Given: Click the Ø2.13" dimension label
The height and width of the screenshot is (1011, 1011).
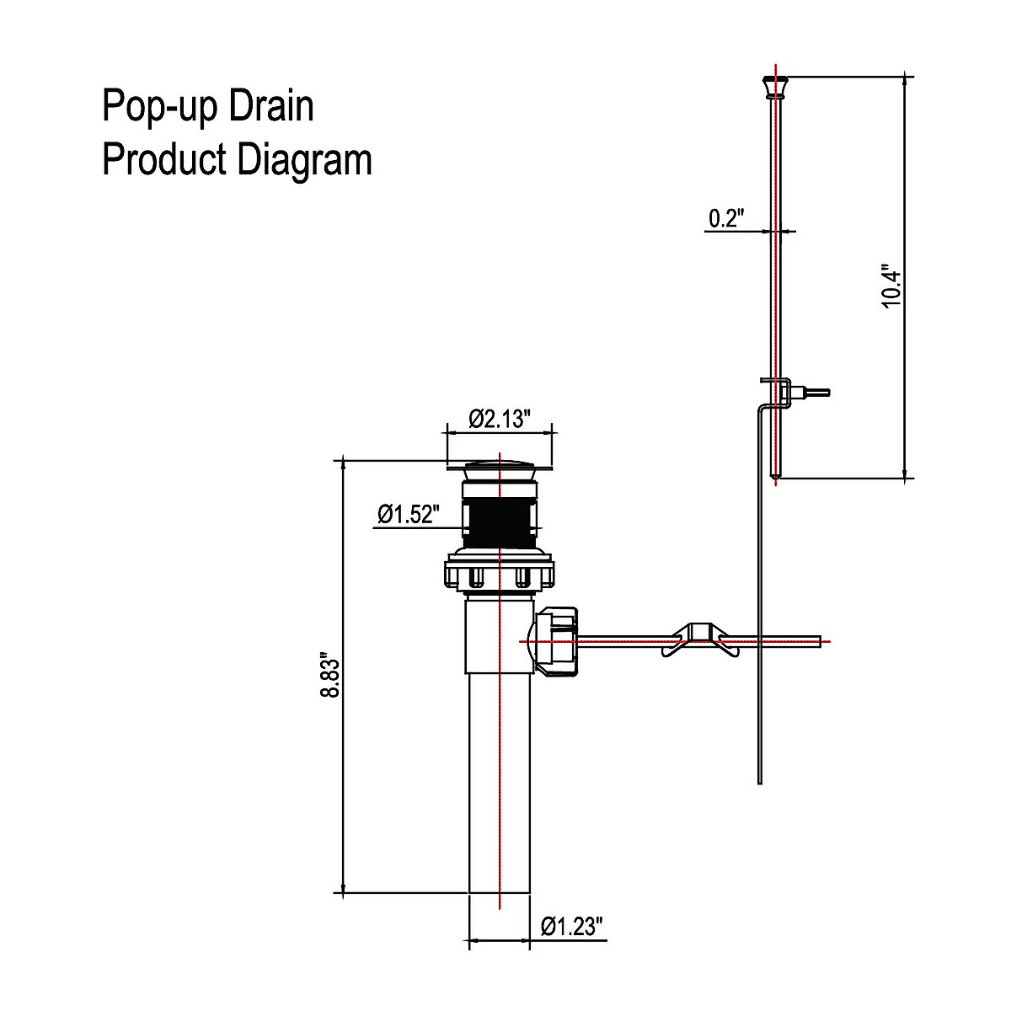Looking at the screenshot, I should point(499,419).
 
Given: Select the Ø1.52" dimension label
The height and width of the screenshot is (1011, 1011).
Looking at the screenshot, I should point(409,514).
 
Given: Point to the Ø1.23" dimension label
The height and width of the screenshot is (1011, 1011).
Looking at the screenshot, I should point(572,927).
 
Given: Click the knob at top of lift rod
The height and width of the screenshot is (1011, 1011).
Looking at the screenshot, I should point(776,86).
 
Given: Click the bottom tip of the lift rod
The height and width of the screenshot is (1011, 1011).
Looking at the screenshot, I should point(776,477).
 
